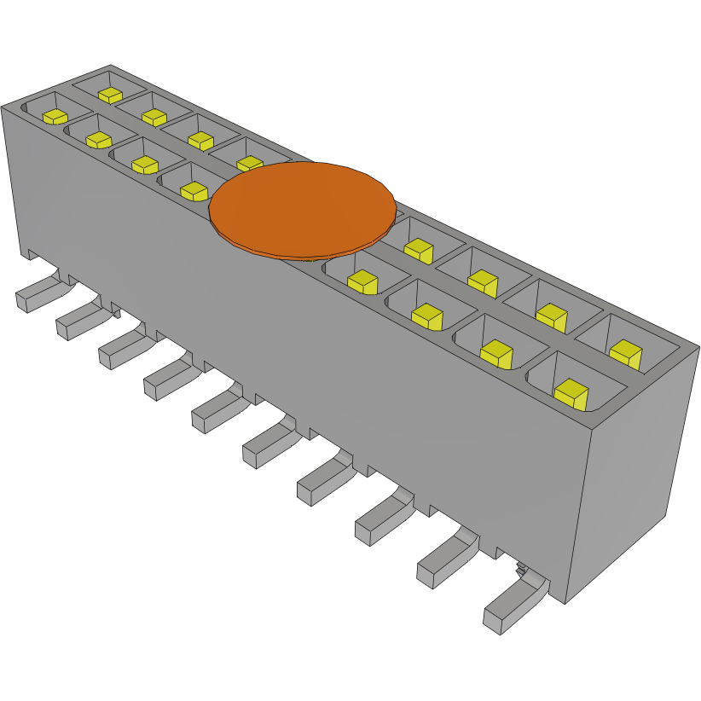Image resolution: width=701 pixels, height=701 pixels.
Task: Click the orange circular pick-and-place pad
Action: [x=303, y=208]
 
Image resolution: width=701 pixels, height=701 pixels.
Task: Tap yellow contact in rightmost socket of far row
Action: [x=625, y=353]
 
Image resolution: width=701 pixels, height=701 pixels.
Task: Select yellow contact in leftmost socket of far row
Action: [x=110, y=94]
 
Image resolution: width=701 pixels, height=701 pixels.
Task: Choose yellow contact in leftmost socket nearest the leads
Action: [x=55, y=116]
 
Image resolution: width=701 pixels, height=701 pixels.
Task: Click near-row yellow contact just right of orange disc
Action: [x=362, y=281]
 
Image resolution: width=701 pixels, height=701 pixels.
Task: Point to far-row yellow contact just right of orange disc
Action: [x=418, y=250]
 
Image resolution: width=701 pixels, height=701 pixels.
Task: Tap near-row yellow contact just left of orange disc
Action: [x=194, y=190]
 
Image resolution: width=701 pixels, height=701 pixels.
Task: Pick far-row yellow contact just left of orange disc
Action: [x=249, y=163]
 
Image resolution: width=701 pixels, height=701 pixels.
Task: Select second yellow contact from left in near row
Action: [x=99, y=139]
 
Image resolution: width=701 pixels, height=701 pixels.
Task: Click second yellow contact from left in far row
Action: [x=154, y=117]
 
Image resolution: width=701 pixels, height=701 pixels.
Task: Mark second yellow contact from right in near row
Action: [x=495, y=352]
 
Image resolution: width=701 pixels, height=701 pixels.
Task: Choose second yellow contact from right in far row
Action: [x=551, y=316]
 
